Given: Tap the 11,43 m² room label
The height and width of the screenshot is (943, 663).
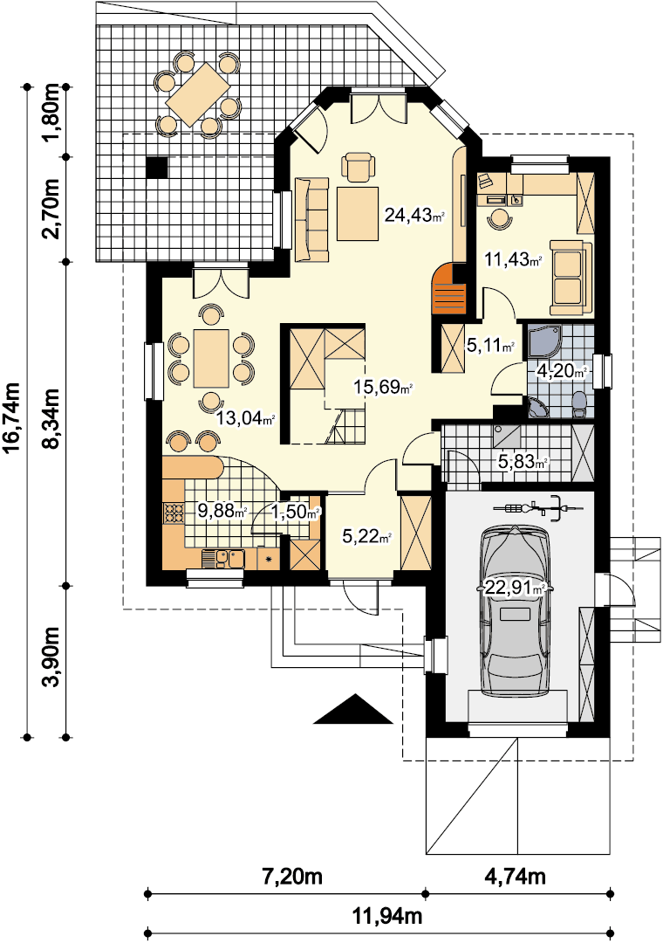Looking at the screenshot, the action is (x=514, y=259).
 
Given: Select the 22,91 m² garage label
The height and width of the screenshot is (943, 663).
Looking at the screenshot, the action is (x=515, y=588).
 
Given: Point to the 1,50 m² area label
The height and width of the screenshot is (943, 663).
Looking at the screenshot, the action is (x=295, y=513).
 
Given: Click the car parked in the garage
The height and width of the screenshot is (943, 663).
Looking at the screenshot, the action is (x=515, y=611).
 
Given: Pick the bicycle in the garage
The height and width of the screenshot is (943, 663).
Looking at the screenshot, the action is (x=537, y=507).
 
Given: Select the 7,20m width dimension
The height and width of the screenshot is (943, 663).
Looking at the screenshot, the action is (x=292, y=877).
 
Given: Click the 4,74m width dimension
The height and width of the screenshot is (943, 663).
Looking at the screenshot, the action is (x=515, y=877).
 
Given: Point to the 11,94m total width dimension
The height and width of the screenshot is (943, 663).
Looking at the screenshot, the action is (x=387, y=916).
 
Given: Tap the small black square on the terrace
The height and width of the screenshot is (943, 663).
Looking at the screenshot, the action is (x=158, y=167).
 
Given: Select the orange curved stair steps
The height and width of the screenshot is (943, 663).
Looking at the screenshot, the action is (x=449, y=290).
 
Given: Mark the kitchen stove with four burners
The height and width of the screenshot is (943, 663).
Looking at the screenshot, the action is (x=174, y=513).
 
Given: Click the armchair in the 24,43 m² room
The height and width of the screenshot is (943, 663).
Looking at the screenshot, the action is (x=358, y=167).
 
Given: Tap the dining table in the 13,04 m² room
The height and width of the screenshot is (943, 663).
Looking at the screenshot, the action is (x=211, y=359).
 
